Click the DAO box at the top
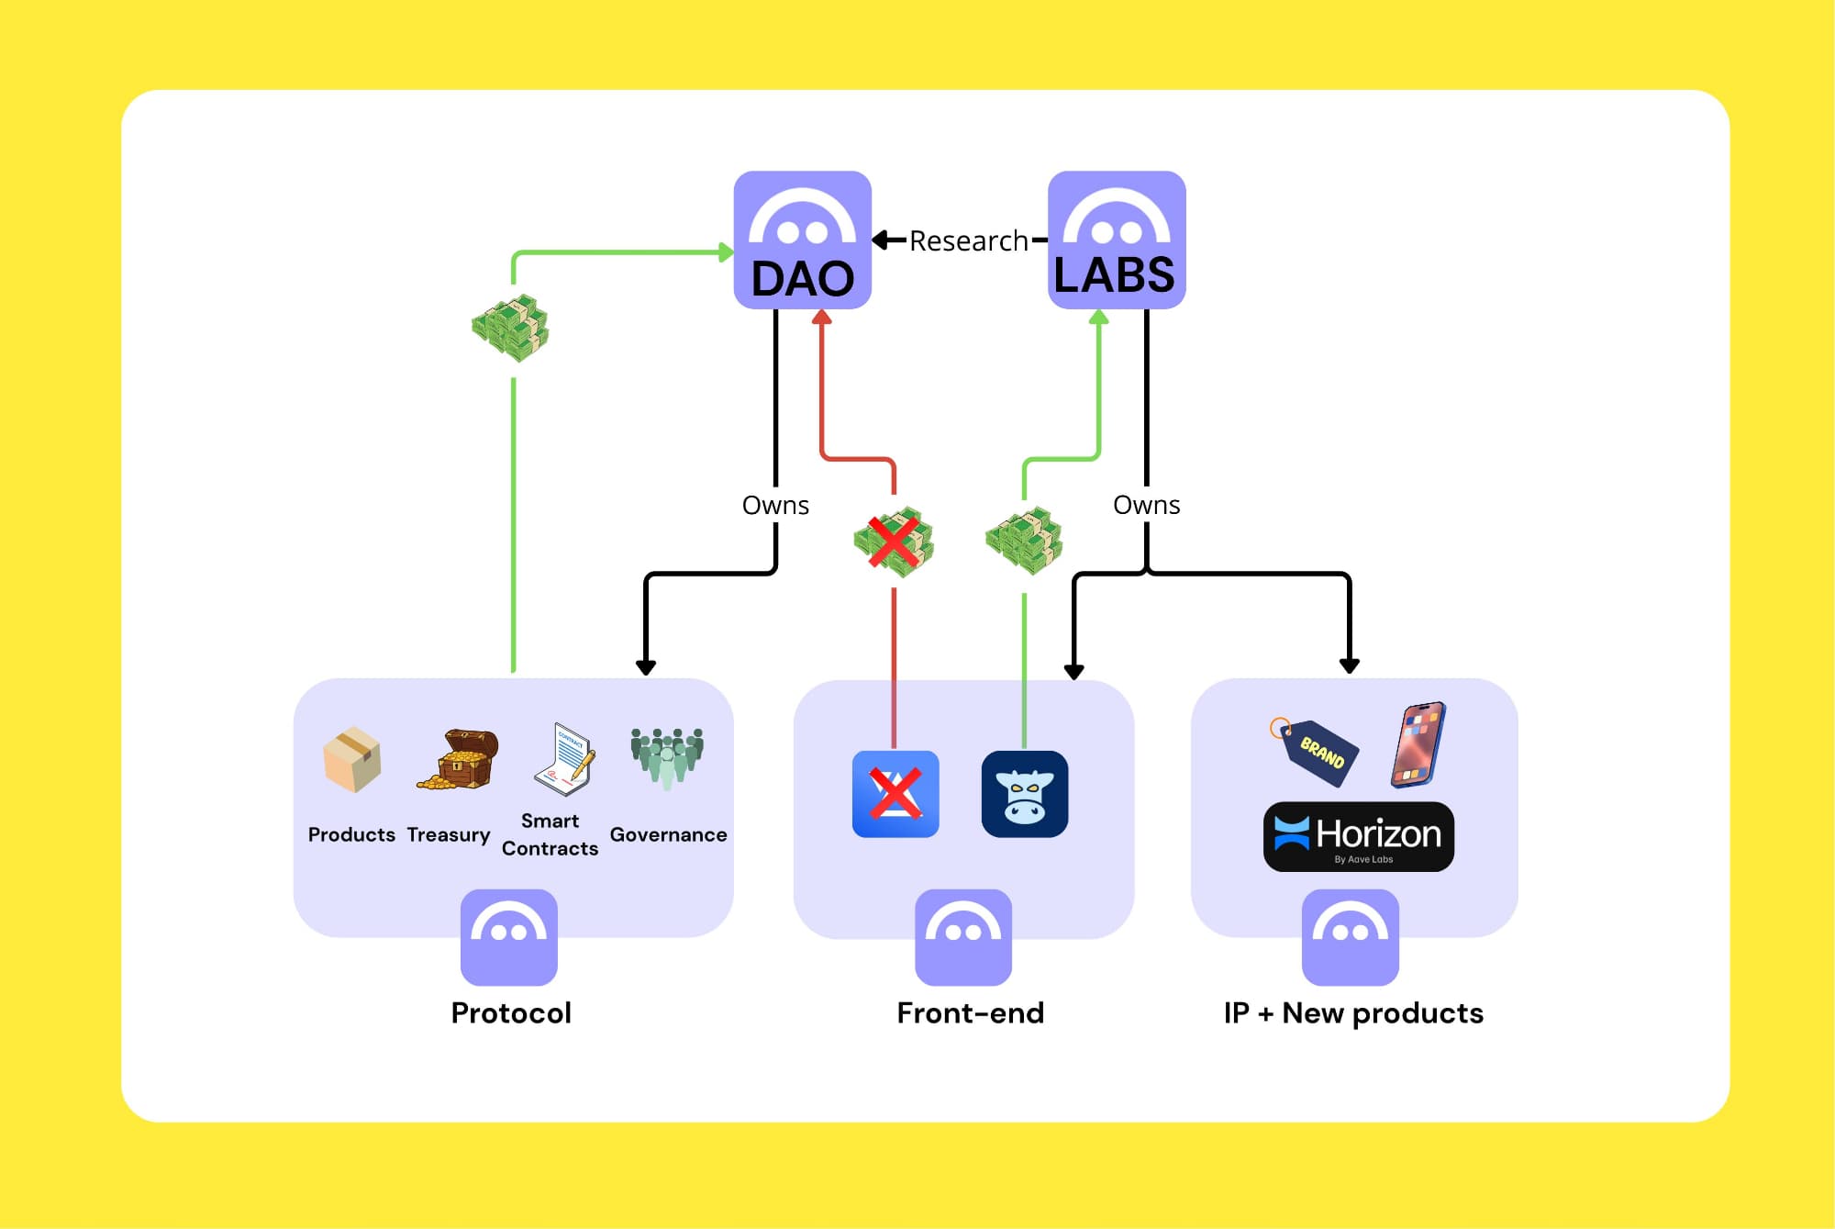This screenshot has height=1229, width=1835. [802, 240]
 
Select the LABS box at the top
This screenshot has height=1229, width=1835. [1117, 240]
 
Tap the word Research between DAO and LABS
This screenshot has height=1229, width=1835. [968, 240]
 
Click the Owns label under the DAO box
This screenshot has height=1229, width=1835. [775, 505]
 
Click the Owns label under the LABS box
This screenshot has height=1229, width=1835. [1146, 505]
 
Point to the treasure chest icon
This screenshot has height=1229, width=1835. [460, 760]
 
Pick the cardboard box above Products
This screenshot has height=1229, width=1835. [351, 760]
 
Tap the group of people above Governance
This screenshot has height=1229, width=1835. [667, 757]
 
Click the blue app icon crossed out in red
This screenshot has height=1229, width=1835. [895, 794]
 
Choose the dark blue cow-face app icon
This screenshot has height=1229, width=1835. [1025, 794]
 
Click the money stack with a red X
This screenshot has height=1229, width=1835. [894, 542]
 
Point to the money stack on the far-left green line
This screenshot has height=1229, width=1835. [510, 328]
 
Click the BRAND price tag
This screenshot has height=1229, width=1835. [1316, 751]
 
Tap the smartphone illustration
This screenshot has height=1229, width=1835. [1418, 744]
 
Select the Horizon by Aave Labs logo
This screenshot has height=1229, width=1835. [1359, 836]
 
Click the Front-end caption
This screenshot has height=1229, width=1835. [970, 1012]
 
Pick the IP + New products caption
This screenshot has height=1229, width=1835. [1353, 1012]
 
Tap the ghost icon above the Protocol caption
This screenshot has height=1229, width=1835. [509, 936]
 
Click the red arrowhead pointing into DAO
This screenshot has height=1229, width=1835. [822, 318]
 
